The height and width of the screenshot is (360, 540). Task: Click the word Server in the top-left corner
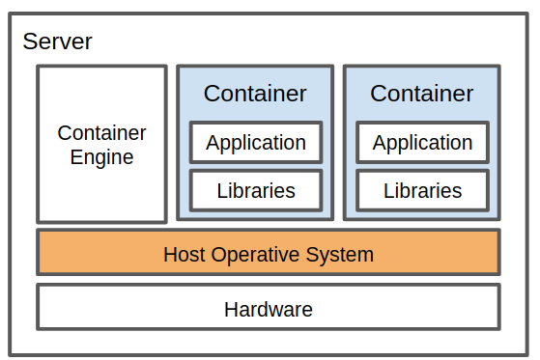click(58, 42)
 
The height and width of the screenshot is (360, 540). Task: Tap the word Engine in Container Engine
click(101, 156)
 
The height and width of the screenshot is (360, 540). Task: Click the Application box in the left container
click(255, 143)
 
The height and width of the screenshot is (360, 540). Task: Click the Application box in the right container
click(422, 143)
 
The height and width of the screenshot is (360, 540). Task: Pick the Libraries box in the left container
click(255, 190)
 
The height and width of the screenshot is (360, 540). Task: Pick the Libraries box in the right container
click(422, 190)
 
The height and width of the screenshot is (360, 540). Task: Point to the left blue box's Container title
click(255, 94)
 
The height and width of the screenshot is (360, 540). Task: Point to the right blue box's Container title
click(422, 94)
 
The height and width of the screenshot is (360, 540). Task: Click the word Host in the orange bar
click(184, 255)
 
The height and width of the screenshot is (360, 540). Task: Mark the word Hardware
click(269, 310)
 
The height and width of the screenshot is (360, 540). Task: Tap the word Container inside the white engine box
click(101, 133)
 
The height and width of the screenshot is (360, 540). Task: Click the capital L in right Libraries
click(388, 190)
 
